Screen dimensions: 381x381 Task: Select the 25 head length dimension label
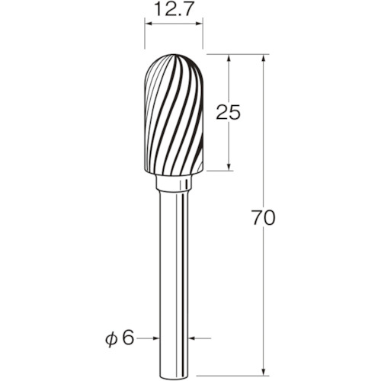point(228,112)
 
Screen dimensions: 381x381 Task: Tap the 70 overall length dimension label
point(264,218)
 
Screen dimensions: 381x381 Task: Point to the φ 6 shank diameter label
point(120,338)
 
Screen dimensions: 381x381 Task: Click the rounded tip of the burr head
point(174,55)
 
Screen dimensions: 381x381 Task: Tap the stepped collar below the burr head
point(173,183)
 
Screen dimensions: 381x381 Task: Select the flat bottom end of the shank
point(174,375)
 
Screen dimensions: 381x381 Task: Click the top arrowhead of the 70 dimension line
point(264,59)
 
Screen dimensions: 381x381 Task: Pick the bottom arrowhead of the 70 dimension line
point(264,371)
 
